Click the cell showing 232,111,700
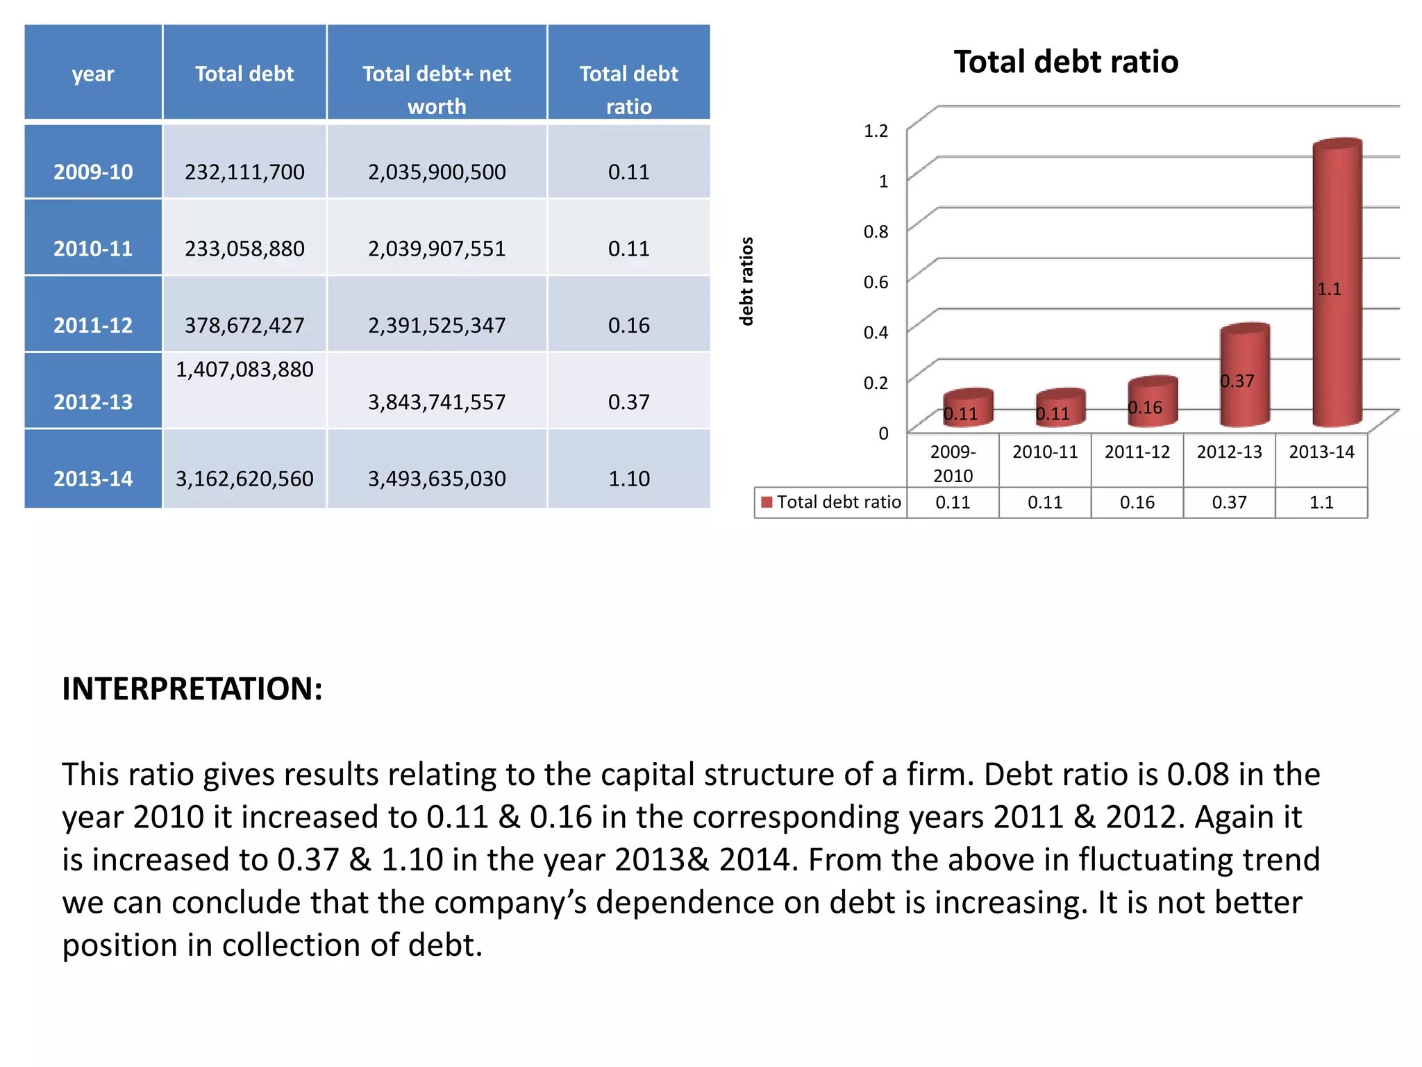[x=244, y=172]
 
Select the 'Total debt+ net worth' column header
[x=437, y=89]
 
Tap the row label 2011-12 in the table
[x=93, y=324]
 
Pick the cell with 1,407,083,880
[x=244, y=370]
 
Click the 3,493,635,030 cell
[x=437, y=479]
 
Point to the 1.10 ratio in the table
[x=628, y=479]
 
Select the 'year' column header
[x=93, y=74]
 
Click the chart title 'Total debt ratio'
[x=1066, y=62]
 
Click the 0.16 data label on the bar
[x=1145, y=408]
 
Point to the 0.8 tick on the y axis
[x=876, y=231]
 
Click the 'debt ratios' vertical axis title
[x=746, y=281]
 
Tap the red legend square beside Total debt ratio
[x=767, y=502]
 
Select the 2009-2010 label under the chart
[x=953, y=463]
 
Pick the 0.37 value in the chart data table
[x=1229, y=502]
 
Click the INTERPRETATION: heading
[x=192, y=688]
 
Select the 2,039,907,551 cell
[x=437, y=249]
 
